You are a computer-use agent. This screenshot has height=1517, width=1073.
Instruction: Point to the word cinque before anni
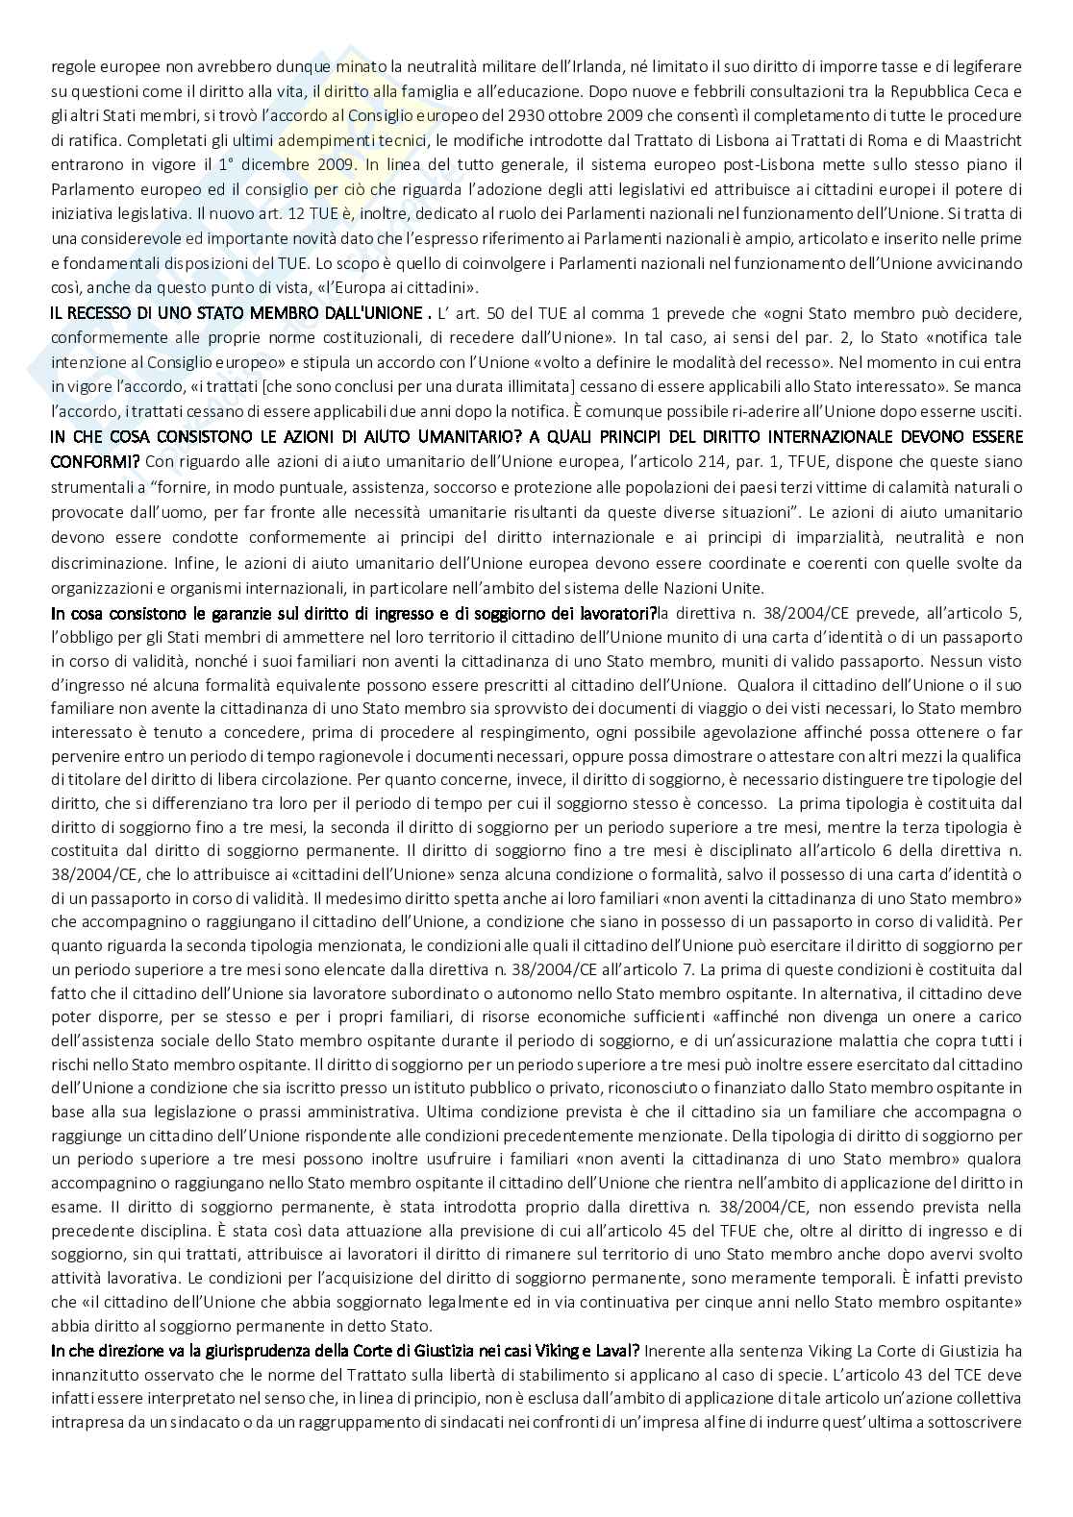[693, 1303]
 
